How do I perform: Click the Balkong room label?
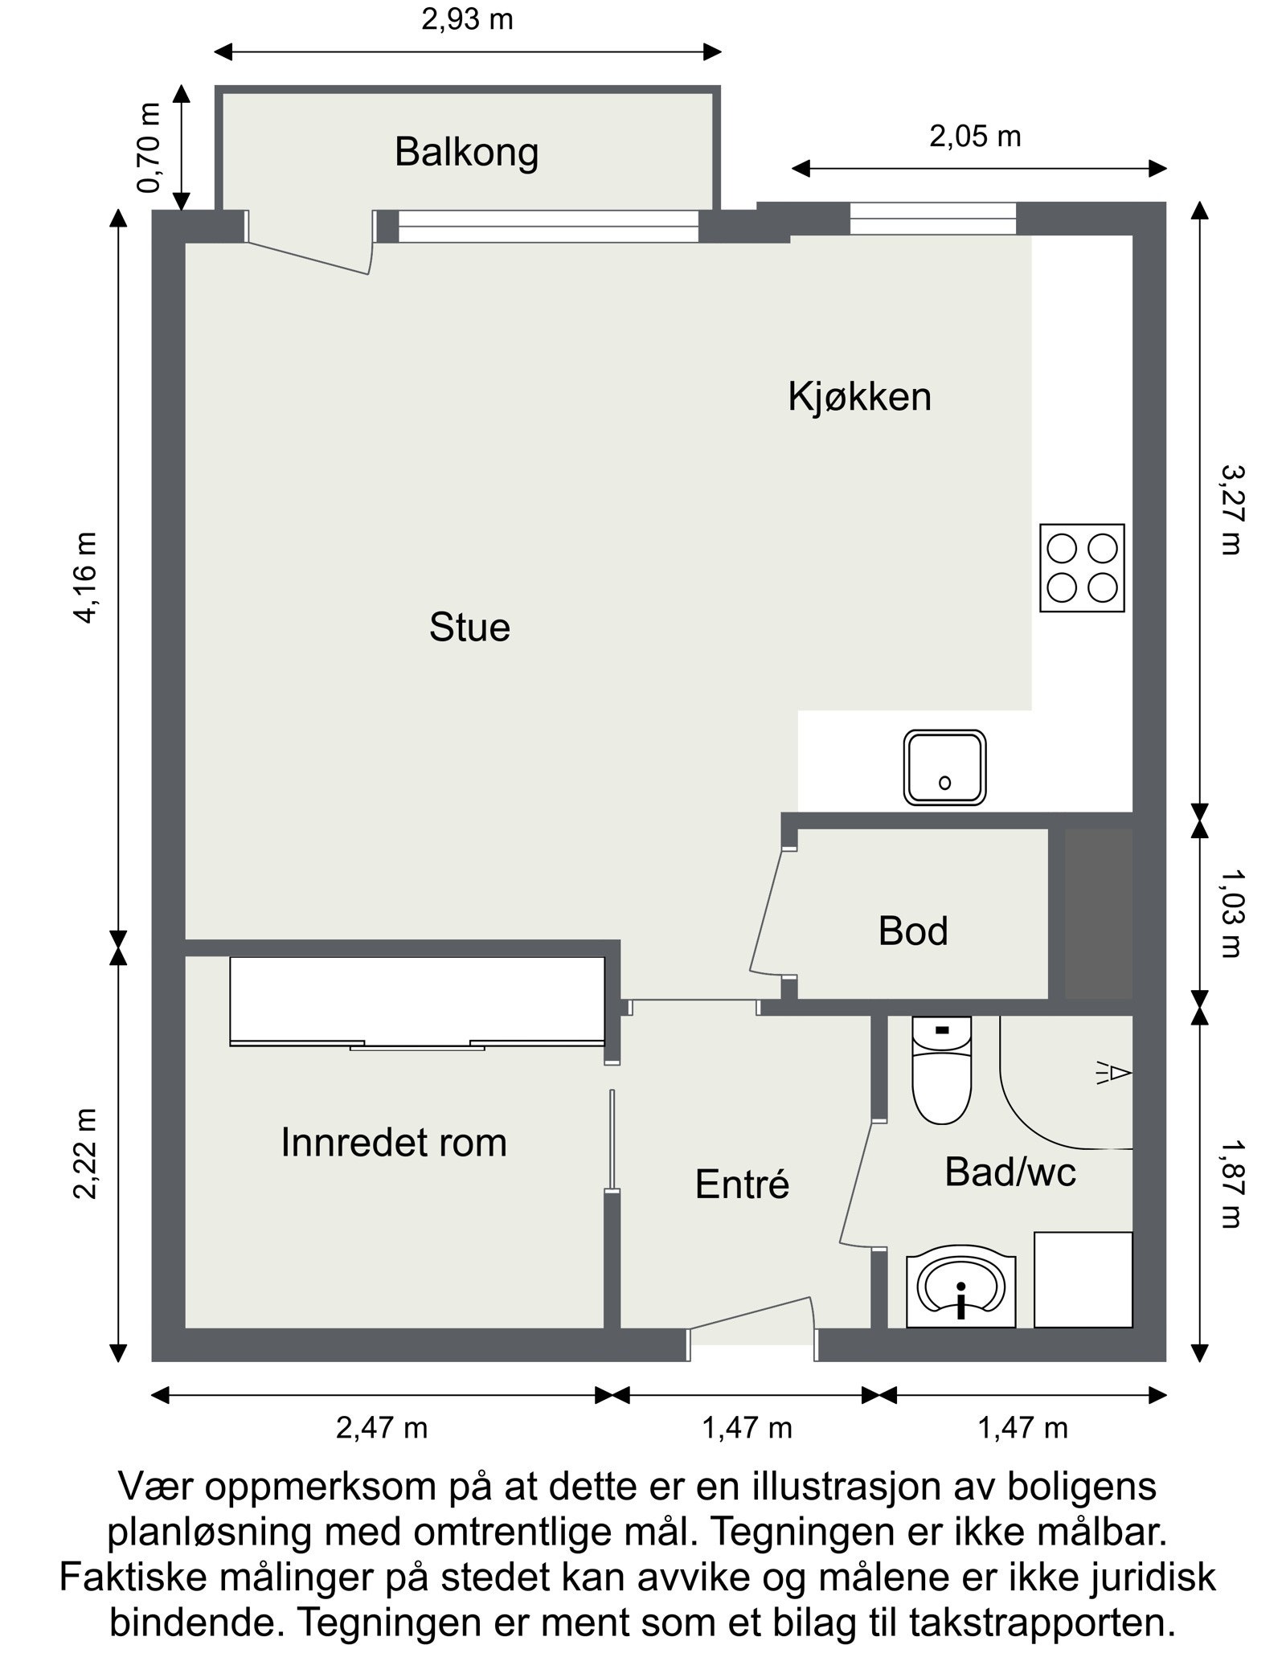click(465, 152)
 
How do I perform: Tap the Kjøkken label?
click(858, 397)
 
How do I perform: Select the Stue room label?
click(469, 628)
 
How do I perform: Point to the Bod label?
click(912, 931)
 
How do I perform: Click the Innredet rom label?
click(394, 1142)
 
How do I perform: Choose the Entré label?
click(742, 1185)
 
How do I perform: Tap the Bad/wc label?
click(1010, 1172)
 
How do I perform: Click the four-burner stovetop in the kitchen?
click(1081, 568)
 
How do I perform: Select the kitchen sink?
click(944, 767)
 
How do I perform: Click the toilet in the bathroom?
click(941, 1070)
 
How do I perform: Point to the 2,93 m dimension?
click(467, 19)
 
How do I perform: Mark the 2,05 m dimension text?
click(975, 137)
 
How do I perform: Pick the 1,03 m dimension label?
click(1230, 914)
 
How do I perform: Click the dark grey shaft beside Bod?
click(1097, 914)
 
